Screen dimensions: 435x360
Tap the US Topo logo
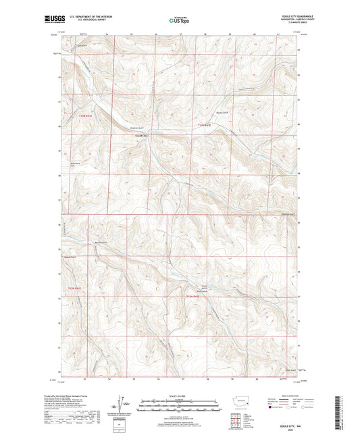click(178, 20)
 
